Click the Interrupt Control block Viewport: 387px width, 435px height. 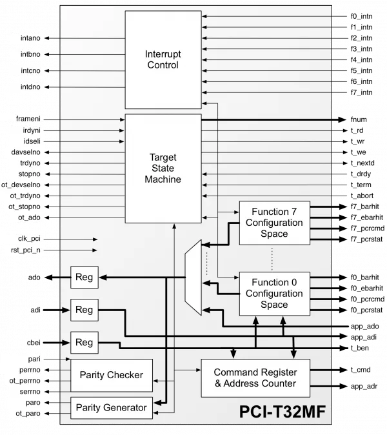[163, 59]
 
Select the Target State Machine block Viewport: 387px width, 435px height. [163, 168]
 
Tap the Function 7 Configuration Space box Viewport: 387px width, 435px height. [275, 223]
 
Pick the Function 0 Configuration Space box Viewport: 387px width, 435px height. [275, 294]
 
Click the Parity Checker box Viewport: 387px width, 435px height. [112, 375]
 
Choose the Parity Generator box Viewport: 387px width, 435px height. [112, 408]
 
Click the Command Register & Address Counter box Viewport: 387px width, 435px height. [255, 378]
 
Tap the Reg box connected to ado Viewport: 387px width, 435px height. [84, 277]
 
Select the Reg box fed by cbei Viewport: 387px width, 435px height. [84, 343]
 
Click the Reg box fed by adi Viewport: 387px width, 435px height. [84, 310]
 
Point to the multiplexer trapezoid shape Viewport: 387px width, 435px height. [193, 278]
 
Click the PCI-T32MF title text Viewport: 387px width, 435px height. [283, 411]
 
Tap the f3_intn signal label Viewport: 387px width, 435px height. [361, 49]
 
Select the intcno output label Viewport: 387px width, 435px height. [30, 71]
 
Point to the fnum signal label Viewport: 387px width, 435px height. [359, 119]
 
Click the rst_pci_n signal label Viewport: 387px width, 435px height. [26, 250]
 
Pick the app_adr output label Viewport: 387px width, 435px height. [364, 386]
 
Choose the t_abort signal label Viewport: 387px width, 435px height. [362, 196]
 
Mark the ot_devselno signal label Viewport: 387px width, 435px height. [21, 185]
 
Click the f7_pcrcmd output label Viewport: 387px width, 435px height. [368, 228]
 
